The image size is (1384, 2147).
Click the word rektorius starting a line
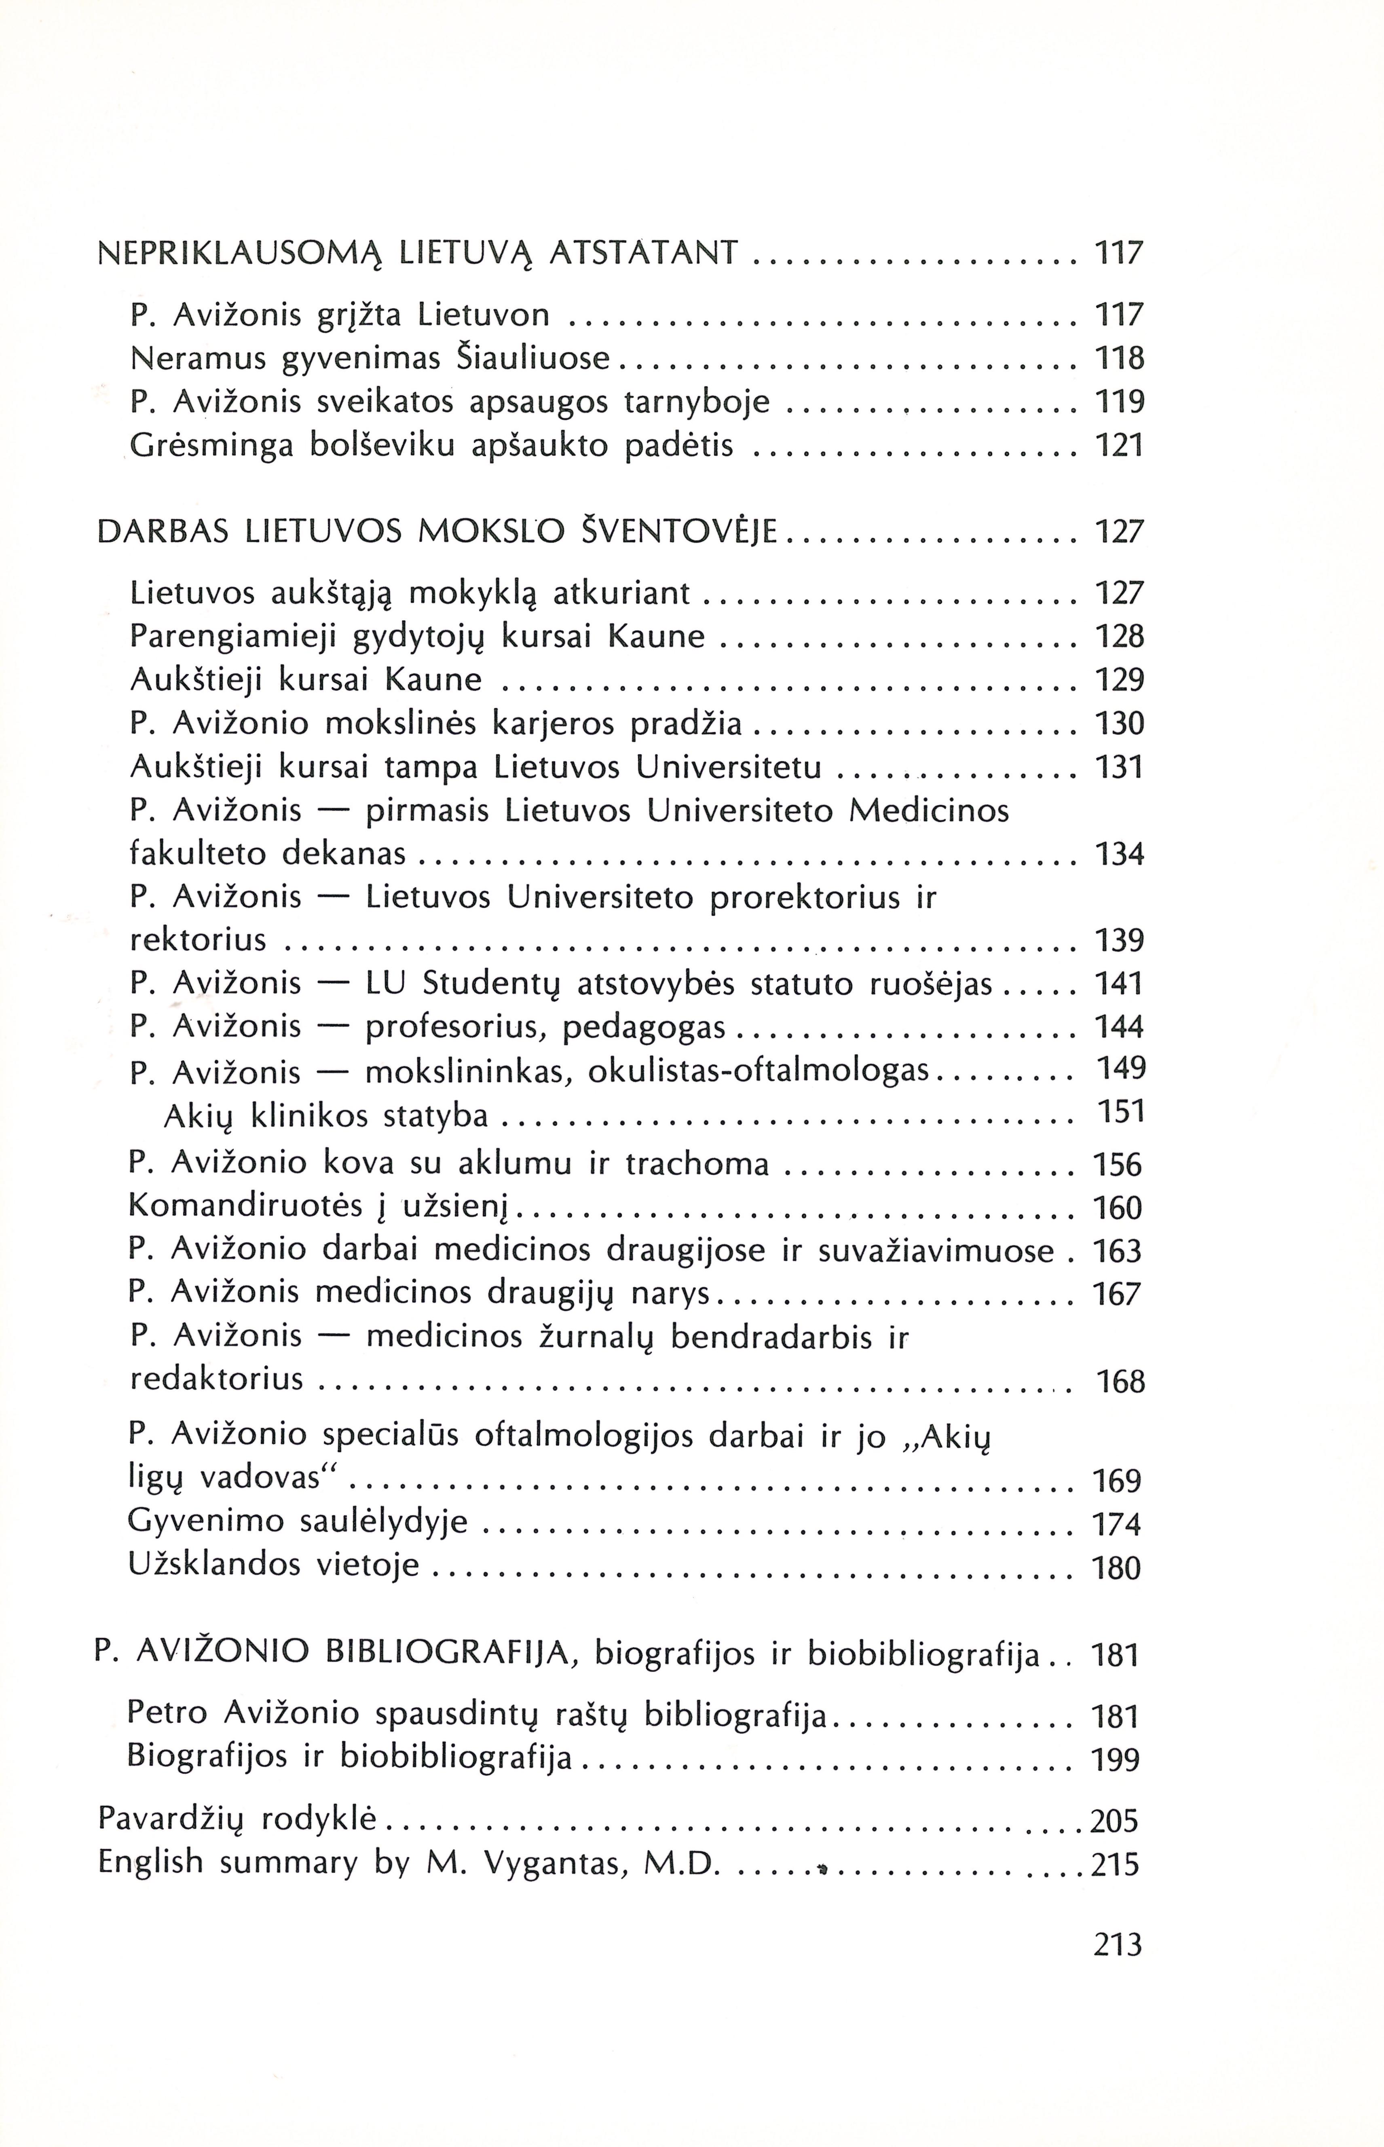(x=199, y=940)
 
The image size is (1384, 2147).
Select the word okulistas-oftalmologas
(x=758, y=1070)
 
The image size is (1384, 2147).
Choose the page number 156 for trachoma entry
(x=1117, y=1165)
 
